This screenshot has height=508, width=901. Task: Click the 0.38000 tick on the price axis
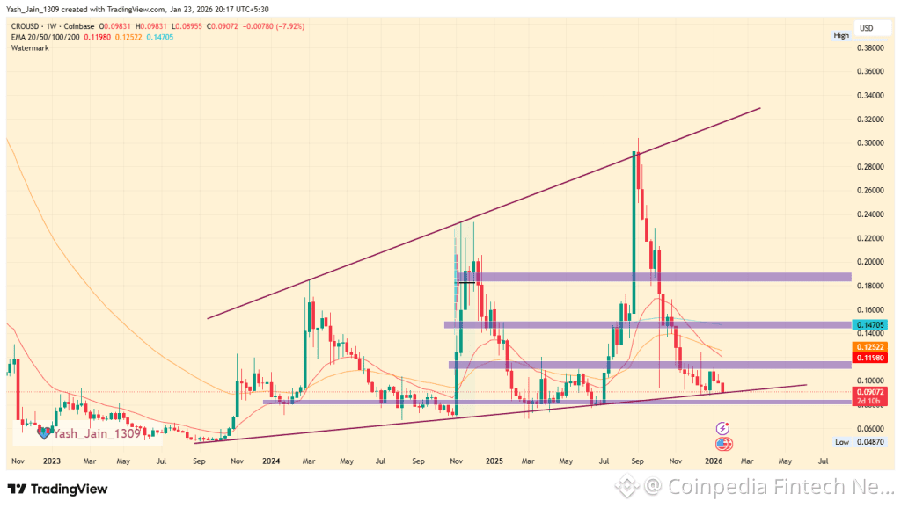pyautogui.click(x=871, y=47)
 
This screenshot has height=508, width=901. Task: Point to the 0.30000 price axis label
pyautogui.click(x=871, y=142)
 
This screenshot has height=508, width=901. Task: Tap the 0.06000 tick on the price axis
pyautogui.click(x=871, y=428)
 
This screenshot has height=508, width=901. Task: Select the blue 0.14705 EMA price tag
pyautogui.click(x=871, y=324)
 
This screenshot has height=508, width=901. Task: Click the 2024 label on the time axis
pyautogui.click(x=271, y=461)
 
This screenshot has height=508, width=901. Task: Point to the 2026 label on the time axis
pyautogui.click(x=714, y=461)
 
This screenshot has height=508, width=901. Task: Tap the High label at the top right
pyautogui.click(x=841, y=35)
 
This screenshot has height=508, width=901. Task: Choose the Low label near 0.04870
pyautogui.click(x=841, y=442)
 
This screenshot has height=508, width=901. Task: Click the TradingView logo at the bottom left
pyautogui.click(x=58, y=489)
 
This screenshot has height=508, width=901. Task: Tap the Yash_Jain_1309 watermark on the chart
pyautogui.click(x=95, y=432)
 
